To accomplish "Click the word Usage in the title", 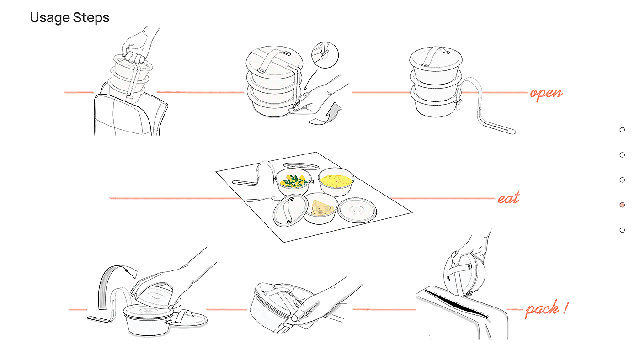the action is (x=50, y=18).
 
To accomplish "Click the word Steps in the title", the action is (x=91, y=17).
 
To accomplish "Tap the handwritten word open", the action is (x=546, y=94).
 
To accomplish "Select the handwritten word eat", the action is (x=508, y=198).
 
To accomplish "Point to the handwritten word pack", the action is (x=542, y=309).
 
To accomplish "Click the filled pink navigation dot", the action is (x=622, y=205).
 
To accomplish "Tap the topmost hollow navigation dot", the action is (x=622, y=130).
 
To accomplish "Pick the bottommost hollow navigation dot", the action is (x=622, y=230).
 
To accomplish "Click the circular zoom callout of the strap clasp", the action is (x=325, y=55).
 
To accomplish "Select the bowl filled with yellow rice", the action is (x=336, y=182).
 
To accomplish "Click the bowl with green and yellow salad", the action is (x=293, y=181).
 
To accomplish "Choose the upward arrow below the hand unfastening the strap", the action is (x=325, y=114).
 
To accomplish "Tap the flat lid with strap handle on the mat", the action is (x=290, y=210).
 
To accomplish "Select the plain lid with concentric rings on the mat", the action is (x=357, y=211).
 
